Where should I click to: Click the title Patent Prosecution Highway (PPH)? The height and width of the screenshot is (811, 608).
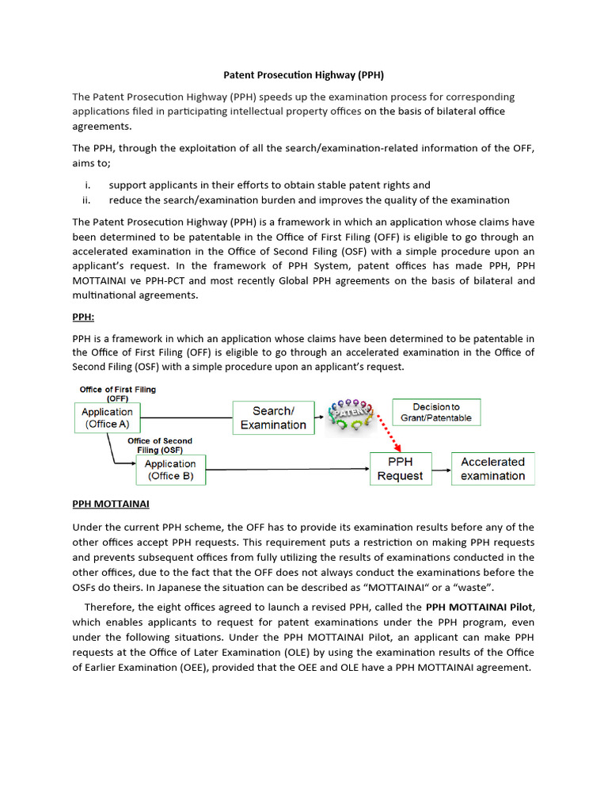304,75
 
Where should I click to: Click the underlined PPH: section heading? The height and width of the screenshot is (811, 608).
83,317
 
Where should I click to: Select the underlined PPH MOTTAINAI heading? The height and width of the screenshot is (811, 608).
111,503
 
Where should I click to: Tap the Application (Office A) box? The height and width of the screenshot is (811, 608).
107,418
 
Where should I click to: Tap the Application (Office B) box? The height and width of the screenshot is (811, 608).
170,470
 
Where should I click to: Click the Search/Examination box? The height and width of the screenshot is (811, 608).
273,417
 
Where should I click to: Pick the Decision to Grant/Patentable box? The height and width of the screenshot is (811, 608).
436,412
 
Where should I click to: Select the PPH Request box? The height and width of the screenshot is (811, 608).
401,469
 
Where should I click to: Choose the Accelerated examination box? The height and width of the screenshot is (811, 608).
492,469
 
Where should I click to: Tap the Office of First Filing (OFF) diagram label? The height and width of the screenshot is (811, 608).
118,394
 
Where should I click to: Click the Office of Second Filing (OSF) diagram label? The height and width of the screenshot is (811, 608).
159,445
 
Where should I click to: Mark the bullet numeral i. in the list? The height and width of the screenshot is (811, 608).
89,185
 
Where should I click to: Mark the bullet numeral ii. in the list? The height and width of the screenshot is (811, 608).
88,200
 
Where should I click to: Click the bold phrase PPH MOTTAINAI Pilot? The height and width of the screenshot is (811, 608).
480,607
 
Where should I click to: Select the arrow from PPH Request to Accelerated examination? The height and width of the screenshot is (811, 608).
440,468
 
